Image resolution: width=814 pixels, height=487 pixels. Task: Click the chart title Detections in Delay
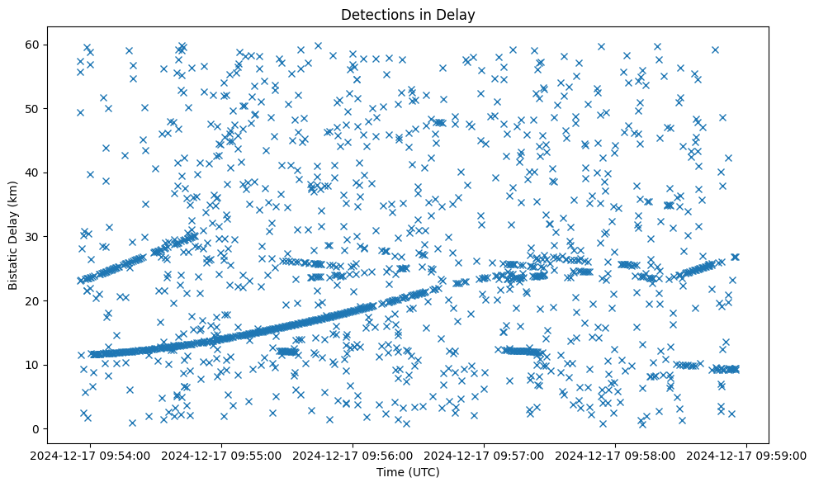pos(408,14)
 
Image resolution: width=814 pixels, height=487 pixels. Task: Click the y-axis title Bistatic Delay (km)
pos(13,236)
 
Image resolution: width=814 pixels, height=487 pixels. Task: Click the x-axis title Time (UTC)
pos(408,473)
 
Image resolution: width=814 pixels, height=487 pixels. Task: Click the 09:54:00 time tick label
pos(91,456)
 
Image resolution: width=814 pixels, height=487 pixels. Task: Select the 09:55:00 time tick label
pos(222,456)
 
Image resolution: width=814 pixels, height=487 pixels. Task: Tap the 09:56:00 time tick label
pos(353,456)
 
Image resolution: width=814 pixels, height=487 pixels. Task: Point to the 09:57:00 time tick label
pos(485,456)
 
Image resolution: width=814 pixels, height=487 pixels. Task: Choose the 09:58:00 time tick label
pos(616,456)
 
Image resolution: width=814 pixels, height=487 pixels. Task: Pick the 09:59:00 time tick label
pos(747,456)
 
